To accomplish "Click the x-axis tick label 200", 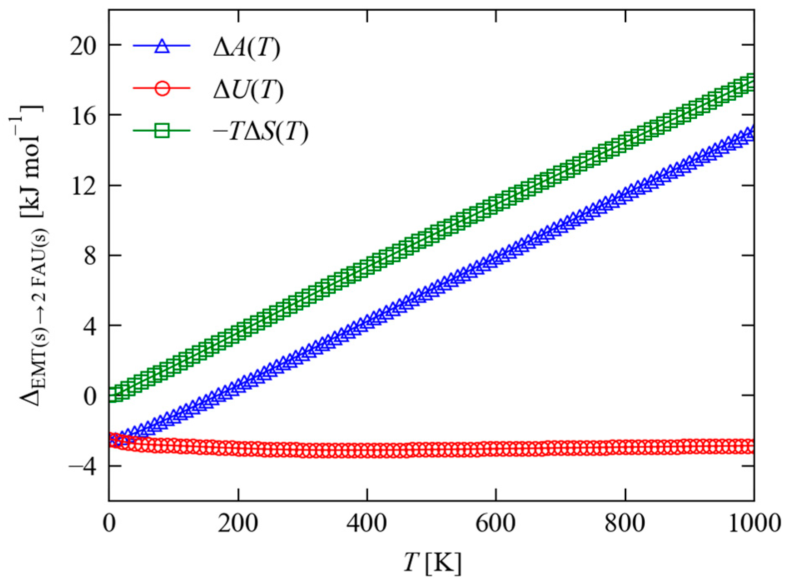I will click(x=238, y=523).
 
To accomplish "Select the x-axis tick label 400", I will click(x=367, y=523).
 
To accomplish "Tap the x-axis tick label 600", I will click(x=496, y=523).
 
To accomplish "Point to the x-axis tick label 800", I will click(x=625, y=523).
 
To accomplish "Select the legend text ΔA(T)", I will click(x=246, y=48).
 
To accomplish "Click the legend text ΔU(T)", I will click(x=248, y=90).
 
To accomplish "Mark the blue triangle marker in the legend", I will click(x=161, y=46).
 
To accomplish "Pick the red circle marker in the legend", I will click(x=161, y=89).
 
